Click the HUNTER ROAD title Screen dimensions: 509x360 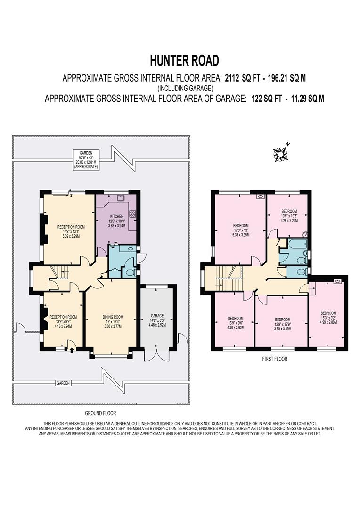pos(185,60)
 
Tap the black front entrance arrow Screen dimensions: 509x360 pos(70,349)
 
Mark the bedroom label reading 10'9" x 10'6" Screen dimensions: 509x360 pos(289,215)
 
